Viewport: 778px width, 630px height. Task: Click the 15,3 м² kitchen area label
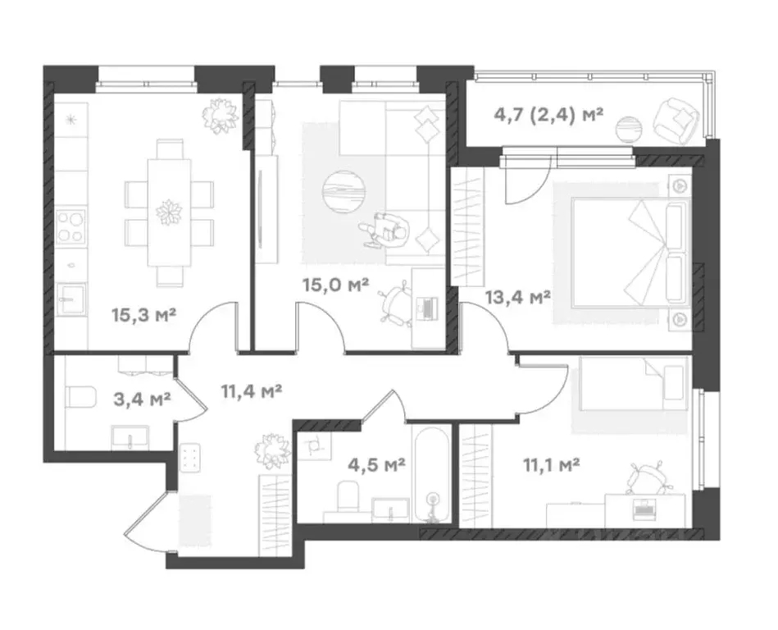tap(144, 315)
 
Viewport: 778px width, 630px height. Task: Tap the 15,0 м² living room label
tap(336, 285)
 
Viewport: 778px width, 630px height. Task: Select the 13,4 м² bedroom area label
tap(518, 298)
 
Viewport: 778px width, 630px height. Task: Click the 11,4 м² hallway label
tap(252, 391)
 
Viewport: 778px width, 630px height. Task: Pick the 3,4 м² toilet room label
tap(143, 399)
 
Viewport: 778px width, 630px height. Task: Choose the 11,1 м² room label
tap(552, 465)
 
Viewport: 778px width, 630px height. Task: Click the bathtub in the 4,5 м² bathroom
tap(432, 475)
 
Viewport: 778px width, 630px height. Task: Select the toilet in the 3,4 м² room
tap(80, 397)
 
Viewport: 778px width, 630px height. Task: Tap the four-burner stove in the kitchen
tap(71, 227)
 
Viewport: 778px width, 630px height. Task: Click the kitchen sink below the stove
tap(71, 299)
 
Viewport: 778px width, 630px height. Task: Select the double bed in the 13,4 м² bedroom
tap(631, 253)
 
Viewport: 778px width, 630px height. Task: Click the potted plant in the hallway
tap(272, 451)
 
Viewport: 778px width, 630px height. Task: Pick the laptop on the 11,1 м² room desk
tap(645, 510)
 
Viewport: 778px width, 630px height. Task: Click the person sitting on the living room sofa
tap(386, 230)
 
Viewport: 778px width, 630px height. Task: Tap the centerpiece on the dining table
tap(170, 212)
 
